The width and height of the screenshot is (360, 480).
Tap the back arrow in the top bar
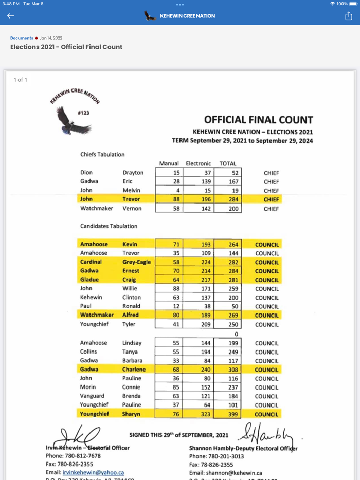tap(11, 16)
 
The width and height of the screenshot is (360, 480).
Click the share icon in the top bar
tap(348, 16)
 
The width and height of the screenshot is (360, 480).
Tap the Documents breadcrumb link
tap(22, 38)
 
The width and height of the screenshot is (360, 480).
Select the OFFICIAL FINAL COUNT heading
tap(258, 120)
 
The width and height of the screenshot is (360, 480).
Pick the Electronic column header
tap(199, 164)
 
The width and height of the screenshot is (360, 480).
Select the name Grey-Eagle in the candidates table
tap(136, 262)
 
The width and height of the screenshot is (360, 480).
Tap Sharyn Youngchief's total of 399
tap(233, 414)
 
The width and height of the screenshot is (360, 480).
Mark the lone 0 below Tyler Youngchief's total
tap(236, 334)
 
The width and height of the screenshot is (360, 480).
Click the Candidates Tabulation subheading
tap(109, 226)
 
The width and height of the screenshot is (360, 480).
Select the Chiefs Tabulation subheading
tap(102, 154)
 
